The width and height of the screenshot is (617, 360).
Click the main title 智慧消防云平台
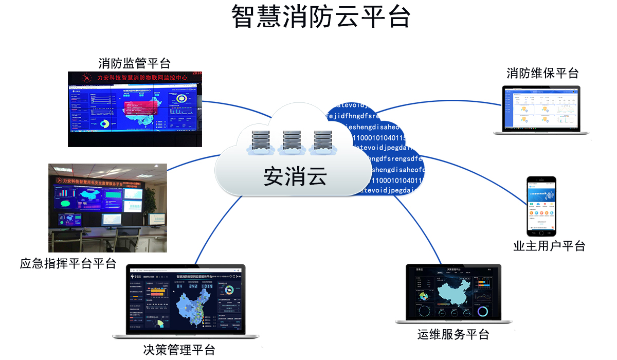click(320, 17)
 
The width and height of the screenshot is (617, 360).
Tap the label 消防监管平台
click(134, 63)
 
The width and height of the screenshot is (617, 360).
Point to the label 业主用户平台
click(549, 246)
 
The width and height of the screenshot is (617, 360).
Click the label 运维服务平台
click(453, 334)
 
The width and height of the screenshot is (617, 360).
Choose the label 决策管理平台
click(179, 350)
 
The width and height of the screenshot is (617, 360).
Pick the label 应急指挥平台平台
click(68, 264)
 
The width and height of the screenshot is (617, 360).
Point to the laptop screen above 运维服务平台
click(453, 293)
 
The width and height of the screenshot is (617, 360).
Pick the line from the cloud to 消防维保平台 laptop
click(437, 102)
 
